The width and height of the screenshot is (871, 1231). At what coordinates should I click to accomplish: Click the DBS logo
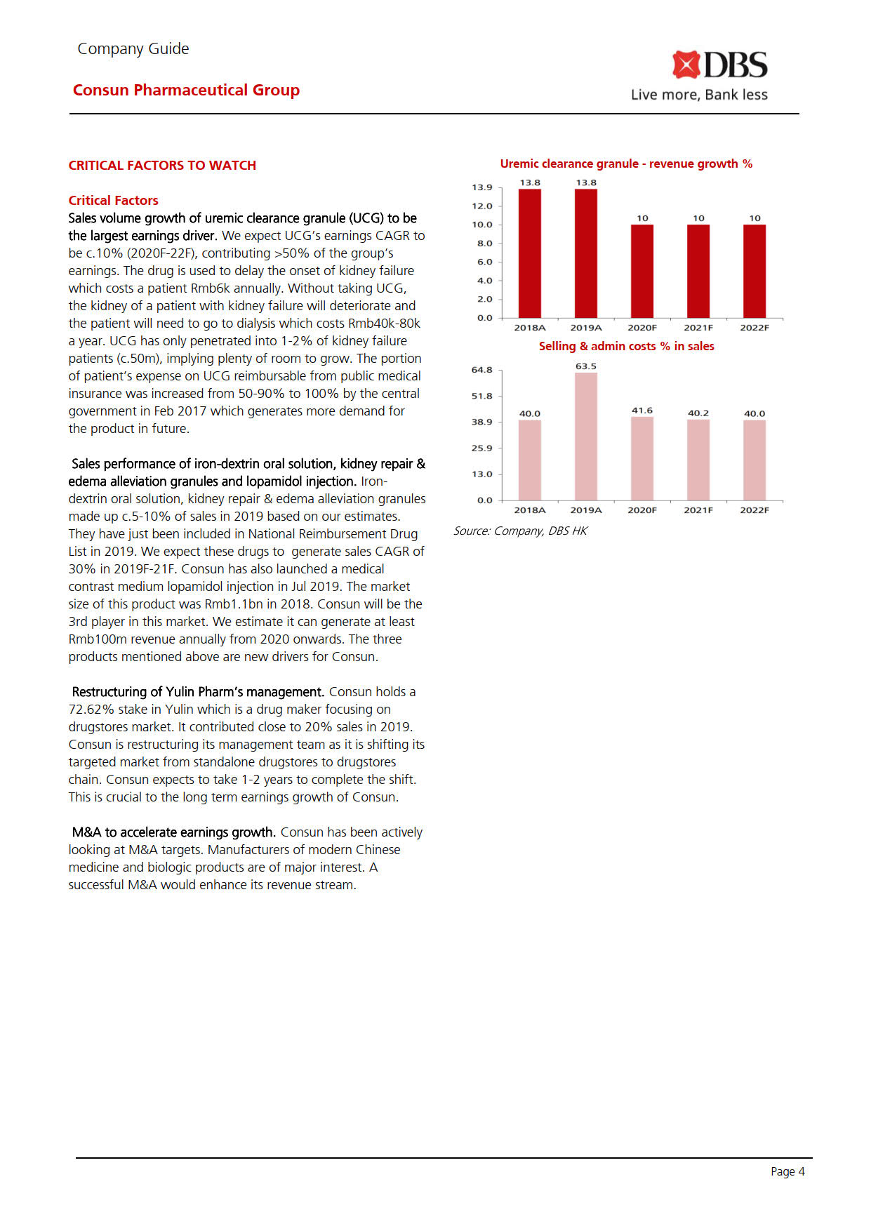(x=719, y=65)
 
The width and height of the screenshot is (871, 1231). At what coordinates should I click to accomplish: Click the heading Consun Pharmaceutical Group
(x=186, y=90)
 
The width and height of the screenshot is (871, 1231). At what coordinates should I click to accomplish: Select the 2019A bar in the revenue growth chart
(x=586, y=253)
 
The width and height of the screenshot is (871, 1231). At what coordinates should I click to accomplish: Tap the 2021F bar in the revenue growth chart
(x=698, y=271)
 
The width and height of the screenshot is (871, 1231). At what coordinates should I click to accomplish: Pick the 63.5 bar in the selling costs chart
(x=586, y=436)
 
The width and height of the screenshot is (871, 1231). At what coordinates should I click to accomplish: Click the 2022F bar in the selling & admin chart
(x=754, y=460)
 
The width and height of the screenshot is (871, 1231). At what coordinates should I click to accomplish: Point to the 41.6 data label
(x=642, y=411)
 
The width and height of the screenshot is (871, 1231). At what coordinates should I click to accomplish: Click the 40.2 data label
(x=698, y=413)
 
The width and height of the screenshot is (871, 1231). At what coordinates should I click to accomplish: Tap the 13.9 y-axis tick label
(x=482, y=187)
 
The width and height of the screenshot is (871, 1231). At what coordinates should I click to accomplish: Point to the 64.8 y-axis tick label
(x=482, y=370)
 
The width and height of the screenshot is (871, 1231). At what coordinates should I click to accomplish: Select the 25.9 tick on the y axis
(x=482, y=448)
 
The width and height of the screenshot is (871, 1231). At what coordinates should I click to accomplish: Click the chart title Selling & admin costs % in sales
(x=626, y=346)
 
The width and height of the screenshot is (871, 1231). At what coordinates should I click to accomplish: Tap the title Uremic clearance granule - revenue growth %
(x=626, y=164)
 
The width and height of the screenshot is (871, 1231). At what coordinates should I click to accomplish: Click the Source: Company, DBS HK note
(x=520, y=531)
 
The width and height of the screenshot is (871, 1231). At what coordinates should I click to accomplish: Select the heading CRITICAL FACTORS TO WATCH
(x=162, y=166)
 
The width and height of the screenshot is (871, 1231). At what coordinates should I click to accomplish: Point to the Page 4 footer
(x=787, y=1171)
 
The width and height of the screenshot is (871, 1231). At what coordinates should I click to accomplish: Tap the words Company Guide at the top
(x=133, y=49)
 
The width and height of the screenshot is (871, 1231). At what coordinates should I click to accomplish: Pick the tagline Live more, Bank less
(x=699, y=95)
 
